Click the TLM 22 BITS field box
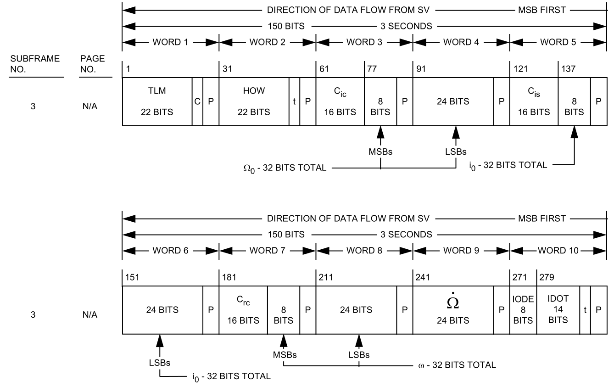157,101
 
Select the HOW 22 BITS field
254,101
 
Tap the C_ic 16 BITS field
340,101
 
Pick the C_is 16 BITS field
534,101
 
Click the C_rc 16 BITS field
243,310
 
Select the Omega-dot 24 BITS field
453,310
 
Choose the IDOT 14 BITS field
558,310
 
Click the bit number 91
419,69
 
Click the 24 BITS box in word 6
163,310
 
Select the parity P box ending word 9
502,310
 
